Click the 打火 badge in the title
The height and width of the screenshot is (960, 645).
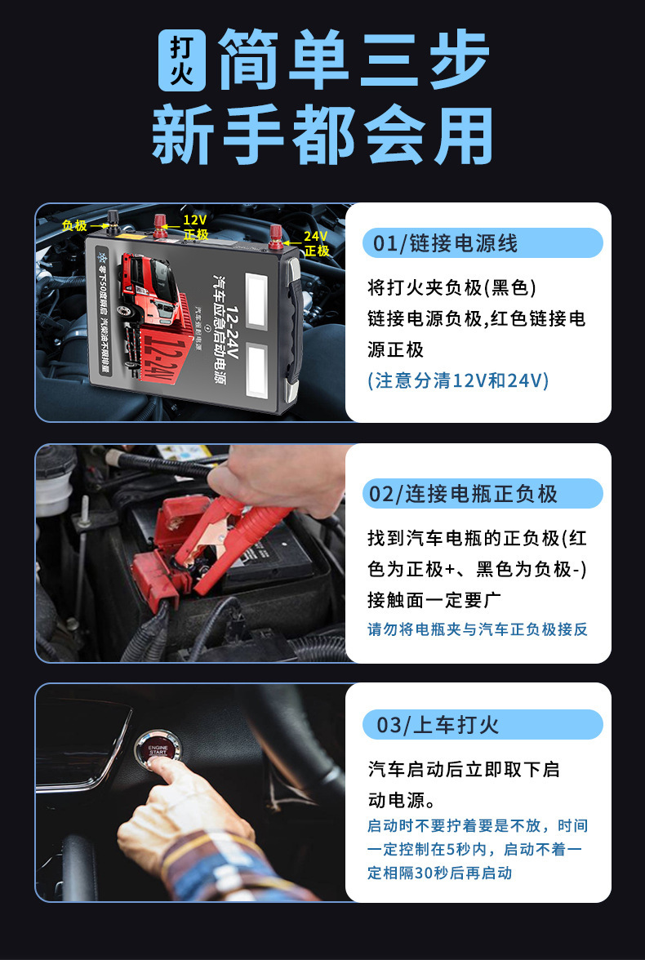pyautogui.click(x=181, y=61)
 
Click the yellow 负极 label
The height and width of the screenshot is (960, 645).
pyautogui.click(x=74, y=225)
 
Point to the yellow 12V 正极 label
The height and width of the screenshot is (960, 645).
pyautogui.click(x=194, y=227)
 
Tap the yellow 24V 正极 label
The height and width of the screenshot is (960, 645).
pyautogui.click(x=316, y=243)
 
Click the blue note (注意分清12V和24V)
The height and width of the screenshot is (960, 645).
pyautogui.click(x=458, y=381)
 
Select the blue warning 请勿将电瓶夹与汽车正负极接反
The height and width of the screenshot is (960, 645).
pyautogui.click(x=477, y=629)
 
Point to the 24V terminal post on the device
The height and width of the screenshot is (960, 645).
pyautogui.click(x=276, y=238)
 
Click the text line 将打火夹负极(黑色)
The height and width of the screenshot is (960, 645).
pyautogui.click(x=451, y=288)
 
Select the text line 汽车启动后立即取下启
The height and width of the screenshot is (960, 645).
pyautogui.click(x=463, y=769)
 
